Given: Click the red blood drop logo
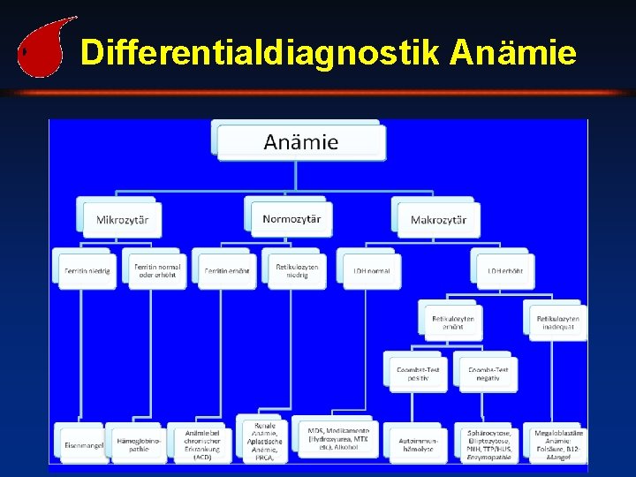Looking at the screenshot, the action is pyautogui.click(x=41, y=51).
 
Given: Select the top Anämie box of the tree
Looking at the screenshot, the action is pyautogui.click(x=301, y=141).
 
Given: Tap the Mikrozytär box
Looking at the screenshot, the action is pyautogui.click(x=123, y=219).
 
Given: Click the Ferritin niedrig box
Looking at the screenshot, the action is pyautogui.click(x=87, y=270).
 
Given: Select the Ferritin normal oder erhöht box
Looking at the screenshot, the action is pyautogui.click(x=155, y=270).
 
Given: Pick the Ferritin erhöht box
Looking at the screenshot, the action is pyautogui.click(x=224, y=270).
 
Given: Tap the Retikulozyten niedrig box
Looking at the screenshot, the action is pyautogui.click(x=297, y=270).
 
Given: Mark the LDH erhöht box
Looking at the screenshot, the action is pyautogui.click(x=505, y=270).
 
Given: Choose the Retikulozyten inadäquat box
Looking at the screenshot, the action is pyautogui.click(x=558, y=322).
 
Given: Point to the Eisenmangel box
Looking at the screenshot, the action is pyautogui.click(x=85, y=444).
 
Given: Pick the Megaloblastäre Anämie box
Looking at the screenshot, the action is pyautogui.click(x=558, y=444).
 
